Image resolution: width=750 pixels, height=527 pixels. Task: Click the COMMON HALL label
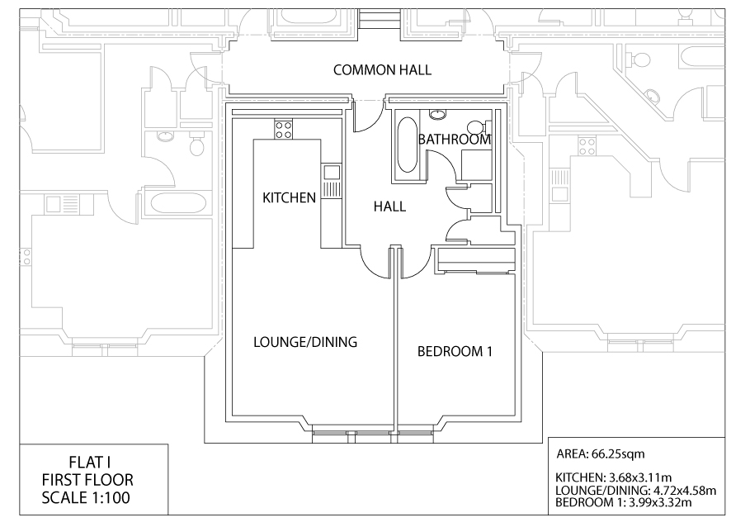tap(382, 70)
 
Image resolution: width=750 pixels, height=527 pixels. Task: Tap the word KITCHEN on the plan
tap(289, 198)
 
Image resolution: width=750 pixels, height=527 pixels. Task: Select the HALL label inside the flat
tap(389, 207)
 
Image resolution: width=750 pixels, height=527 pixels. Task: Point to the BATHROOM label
tap(455, 140)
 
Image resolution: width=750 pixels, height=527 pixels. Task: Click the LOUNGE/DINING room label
tap(305, 342)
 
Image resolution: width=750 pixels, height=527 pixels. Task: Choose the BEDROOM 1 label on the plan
tap(455, 352)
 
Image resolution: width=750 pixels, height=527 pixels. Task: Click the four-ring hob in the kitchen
tap(283, 129)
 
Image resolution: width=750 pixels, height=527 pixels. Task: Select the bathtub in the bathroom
tap(407, 145)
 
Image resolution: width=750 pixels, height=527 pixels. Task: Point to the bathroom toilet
tap(477, 127)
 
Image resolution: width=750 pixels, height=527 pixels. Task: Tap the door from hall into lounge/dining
tap(376, 263)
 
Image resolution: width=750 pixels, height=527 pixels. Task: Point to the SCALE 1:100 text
tap(86, 497)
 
